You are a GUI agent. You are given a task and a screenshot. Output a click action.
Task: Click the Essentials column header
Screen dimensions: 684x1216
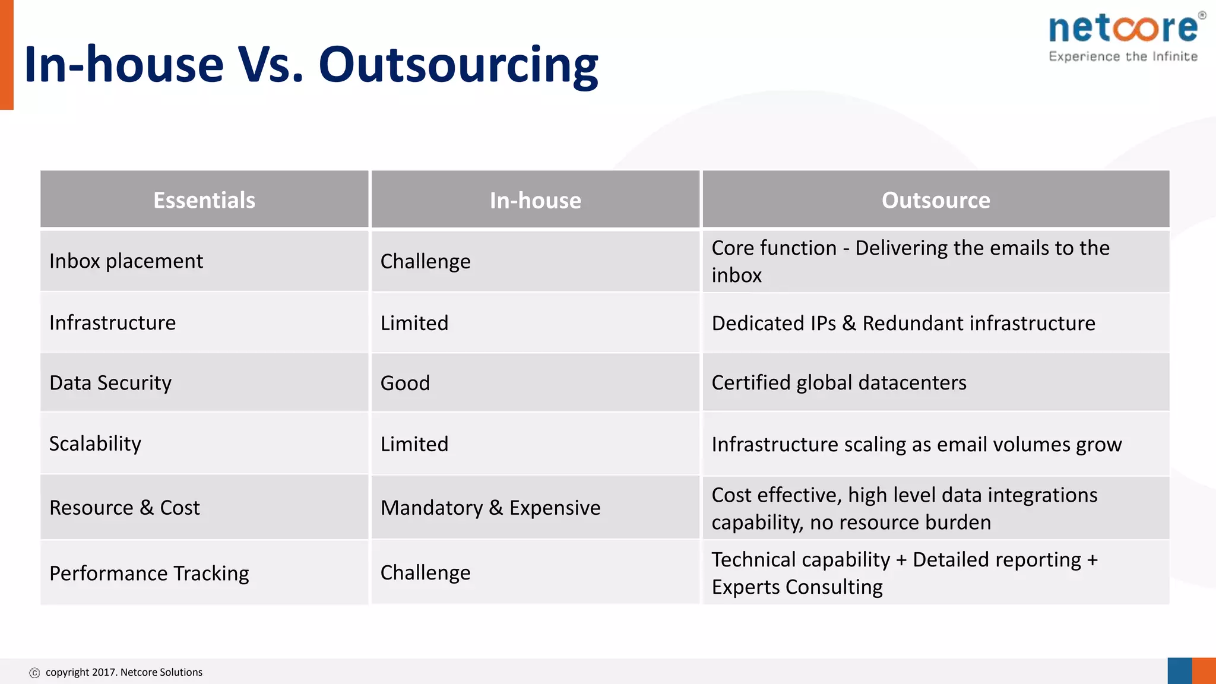pos(204,200)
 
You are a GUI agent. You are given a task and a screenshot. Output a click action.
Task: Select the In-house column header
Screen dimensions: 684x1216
pos(535,201)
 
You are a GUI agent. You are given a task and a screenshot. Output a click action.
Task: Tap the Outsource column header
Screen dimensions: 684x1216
pos(936,200)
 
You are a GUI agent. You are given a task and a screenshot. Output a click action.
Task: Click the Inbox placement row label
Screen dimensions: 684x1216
pos(126,261)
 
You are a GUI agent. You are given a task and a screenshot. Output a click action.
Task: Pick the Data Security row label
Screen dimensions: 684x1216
pos(110,383)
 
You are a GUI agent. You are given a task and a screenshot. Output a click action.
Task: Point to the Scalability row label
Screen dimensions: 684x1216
pos(95,444)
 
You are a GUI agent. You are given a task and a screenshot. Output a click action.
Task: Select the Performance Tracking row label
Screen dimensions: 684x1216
pos(149,574)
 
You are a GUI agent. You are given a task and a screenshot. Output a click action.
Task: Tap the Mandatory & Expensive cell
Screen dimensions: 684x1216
pos(490,508)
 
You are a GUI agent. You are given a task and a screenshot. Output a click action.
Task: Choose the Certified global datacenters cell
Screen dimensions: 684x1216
pos(838,383)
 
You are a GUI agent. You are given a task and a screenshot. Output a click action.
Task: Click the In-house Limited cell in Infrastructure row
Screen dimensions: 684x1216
pos(414,323)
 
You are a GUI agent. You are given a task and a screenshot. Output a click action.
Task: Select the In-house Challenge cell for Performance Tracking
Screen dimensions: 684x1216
pos(425,573)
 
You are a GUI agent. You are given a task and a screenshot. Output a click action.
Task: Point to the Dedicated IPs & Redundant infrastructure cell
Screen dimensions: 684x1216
pos(903,323)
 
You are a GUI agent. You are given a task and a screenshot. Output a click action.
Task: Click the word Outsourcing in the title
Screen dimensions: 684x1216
pos(458,65)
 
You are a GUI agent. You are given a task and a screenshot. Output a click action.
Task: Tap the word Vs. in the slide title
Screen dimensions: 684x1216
pos(270,65)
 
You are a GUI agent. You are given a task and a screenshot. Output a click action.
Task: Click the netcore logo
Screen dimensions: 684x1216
pos(1124,28)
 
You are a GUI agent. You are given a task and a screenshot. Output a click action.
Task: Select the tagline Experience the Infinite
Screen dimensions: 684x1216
pos(1123,57)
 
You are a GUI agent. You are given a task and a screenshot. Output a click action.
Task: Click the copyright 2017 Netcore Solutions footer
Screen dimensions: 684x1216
pos(123,672)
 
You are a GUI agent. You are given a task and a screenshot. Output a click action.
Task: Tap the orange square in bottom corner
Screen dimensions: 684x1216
pos(1204,671)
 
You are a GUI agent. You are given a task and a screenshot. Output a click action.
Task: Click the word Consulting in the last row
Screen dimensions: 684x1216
pos(834,587)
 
